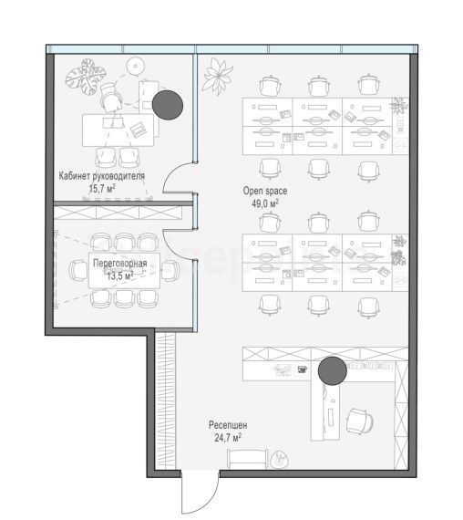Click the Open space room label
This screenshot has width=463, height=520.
[x=265, y=192]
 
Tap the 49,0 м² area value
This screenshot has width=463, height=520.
[x=265, y=203]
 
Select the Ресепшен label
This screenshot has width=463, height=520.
[x=228, y=425]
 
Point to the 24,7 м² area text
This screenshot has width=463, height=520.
[x=228, y=438]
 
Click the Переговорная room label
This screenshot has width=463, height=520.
[x=120, y=264]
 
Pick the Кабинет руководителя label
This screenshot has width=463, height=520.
[x=102, y=176]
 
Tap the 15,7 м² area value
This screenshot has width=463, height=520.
[x=102, y=189]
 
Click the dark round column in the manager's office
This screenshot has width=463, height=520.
[x=168, y=105]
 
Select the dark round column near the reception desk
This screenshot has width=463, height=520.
[x=333, y=371]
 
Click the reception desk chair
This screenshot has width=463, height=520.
[x=360, y=421]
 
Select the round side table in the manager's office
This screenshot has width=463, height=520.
[x=136, y=66]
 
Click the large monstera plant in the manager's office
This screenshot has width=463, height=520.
[x=86, y=77]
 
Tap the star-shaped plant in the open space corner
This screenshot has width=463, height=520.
[x=218, y=77]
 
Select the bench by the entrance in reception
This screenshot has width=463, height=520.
[x=248, y=459]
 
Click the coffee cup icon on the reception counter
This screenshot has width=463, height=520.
[x=302, y=369]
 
